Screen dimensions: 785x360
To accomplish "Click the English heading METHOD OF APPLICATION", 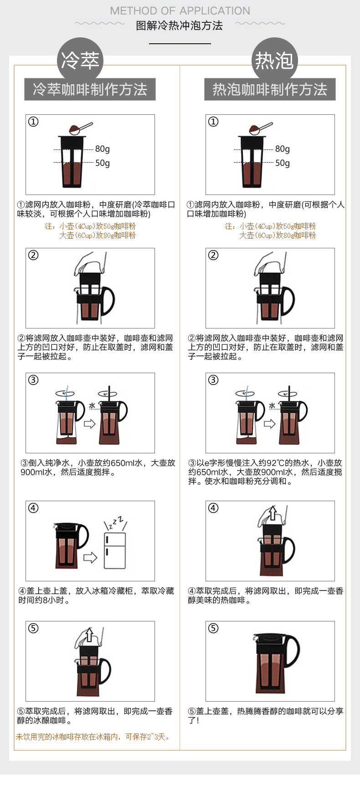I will (180, 11).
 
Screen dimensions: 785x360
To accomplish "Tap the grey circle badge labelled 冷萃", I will (80, 60).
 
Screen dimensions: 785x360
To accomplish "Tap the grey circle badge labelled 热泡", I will (274, 60).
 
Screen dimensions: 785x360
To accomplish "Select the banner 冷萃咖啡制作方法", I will (90, 89).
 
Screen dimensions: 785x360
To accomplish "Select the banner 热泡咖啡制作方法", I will (270, 89).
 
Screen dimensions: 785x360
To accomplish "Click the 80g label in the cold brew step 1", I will (103, 149).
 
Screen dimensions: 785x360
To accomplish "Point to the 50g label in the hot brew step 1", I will (283, 163).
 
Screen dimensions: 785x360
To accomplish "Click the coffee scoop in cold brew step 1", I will (80, 128).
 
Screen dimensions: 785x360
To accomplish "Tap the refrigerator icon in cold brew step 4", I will (115, 550).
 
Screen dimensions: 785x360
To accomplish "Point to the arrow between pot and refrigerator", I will (90, 557).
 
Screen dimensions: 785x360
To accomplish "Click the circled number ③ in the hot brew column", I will (213, 380).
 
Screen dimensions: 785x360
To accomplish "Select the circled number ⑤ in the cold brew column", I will (33, 628).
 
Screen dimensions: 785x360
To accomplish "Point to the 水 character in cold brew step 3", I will (92, 405).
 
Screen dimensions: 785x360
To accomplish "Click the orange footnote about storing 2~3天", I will (93, 737).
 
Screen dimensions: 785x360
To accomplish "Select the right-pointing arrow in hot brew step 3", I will (270, 424).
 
